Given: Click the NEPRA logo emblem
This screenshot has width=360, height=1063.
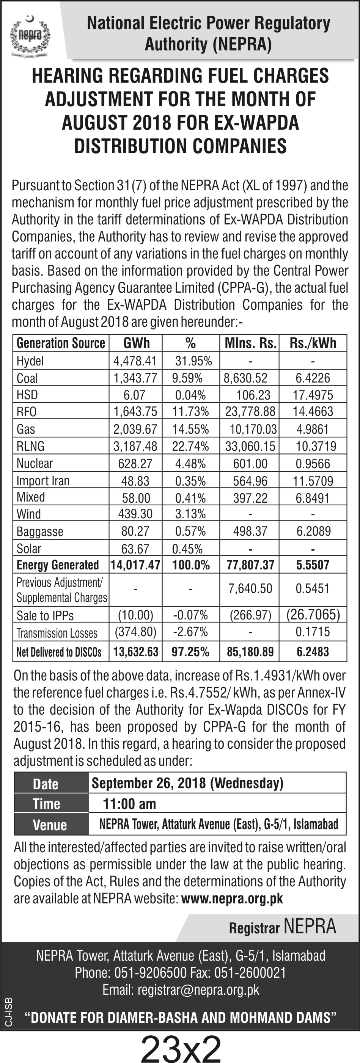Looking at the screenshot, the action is [30, 36].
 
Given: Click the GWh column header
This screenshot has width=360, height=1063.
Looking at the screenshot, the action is [137, 343].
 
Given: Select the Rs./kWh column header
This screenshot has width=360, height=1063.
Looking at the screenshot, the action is [313, 343].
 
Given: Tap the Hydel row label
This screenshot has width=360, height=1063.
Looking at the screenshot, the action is [30, 361].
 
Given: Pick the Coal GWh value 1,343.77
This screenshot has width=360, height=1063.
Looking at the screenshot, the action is [135, 378].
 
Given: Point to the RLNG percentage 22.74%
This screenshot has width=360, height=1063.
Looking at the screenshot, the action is [190, 446].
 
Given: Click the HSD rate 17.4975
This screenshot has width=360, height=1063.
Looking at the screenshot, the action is [313, 395].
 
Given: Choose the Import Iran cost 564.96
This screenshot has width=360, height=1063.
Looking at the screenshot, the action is [250, 481].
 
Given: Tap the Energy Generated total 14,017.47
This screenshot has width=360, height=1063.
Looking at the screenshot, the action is [135, 565].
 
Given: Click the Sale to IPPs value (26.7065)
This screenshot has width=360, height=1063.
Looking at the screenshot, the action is [313, 615].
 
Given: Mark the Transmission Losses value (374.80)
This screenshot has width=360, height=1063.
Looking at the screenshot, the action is [135, 632].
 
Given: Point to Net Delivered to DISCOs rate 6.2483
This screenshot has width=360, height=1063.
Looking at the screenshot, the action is [313, 652].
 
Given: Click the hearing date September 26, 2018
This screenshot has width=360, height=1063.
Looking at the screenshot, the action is [149, 783].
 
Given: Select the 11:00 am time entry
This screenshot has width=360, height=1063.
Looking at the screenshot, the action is [129, 804].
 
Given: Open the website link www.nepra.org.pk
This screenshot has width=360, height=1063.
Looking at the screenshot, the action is [232, 898].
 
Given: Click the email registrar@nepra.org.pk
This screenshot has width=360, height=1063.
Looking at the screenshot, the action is [198, 990].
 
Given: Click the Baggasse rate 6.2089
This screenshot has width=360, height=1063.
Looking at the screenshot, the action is [313, 531].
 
